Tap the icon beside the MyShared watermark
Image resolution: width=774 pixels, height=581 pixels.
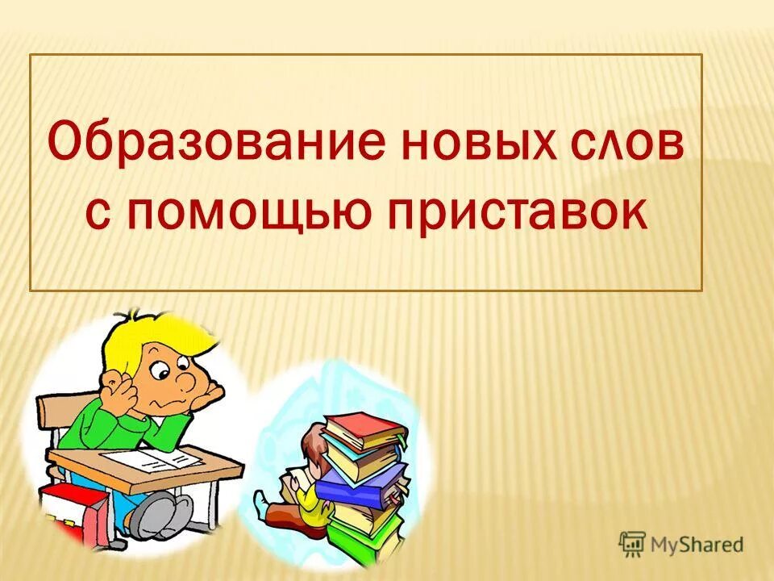point(633,545)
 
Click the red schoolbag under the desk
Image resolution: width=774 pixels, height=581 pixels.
point(73,508)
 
